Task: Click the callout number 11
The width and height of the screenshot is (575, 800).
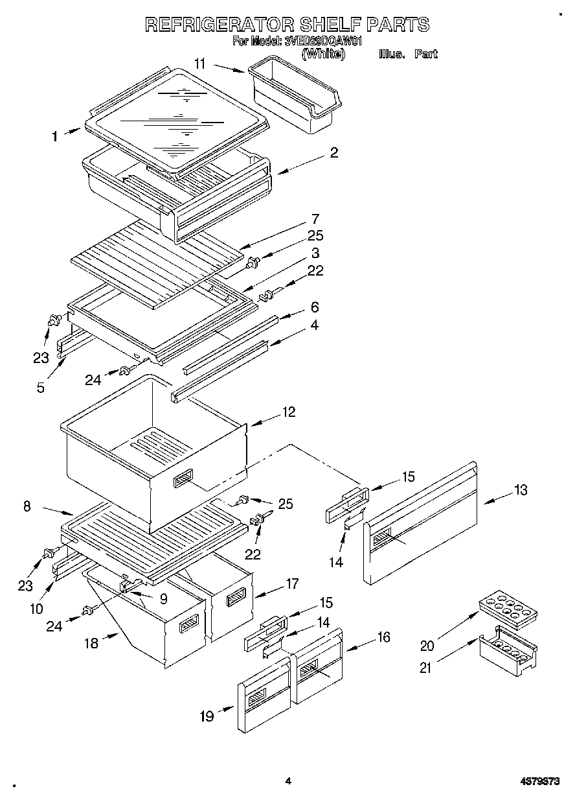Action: pos(200,63)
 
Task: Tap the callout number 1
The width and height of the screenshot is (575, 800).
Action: pos(55,136)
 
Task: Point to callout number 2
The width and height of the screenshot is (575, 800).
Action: pos(333,153)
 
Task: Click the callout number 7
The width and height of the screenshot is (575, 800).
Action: pos(315,218)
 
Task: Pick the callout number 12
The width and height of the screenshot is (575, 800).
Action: pos(288,411)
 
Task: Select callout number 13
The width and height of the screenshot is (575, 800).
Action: pos(520,490)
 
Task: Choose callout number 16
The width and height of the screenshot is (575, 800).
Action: pos(383,637)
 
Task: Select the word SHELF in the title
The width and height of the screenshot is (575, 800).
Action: pos(330,25)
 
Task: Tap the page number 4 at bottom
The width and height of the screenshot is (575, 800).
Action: pos(288,781)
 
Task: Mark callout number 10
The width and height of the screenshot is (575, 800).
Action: pos(36,608)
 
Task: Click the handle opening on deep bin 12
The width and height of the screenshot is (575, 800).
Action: pos(182,480)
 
